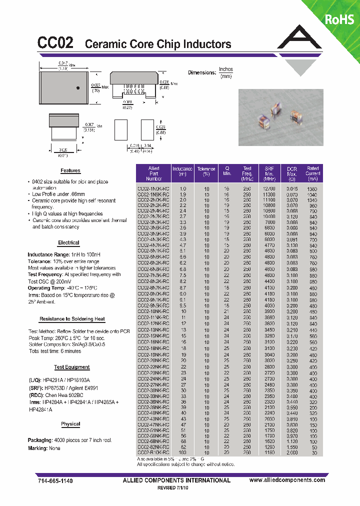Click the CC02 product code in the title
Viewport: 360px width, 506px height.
coord(55,43)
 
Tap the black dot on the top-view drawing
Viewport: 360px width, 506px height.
coord(78,88)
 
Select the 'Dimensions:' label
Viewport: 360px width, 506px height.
coord(201,72)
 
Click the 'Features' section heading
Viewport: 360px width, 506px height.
coord(70,170)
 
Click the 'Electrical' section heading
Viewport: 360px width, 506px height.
coord(68,242)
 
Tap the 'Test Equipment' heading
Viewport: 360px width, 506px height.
coord(71,367)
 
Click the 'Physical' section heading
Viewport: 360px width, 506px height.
coord(70,424)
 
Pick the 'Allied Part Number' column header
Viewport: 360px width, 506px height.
coord(153,173)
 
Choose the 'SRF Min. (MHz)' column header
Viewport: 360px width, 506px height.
coord(269,173)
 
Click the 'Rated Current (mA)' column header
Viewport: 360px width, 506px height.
coord(313,173)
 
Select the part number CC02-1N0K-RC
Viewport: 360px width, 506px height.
coord(153,189)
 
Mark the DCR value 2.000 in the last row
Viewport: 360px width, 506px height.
coord(292,452)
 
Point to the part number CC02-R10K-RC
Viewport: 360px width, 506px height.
coord(153,452)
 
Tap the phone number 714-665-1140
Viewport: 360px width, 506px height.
coord(55,480)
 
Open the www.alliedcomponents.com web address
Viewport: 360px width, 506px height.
coord(287,480)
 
